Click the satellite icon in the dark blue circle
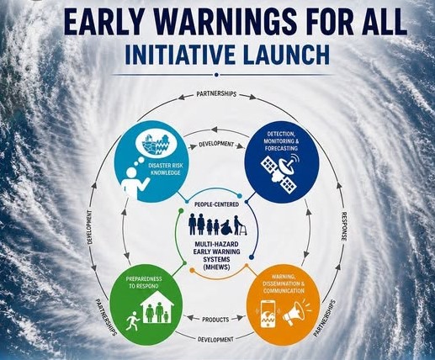(280, 171)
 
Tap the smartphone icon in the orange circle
(268, 314)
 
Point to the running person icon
(132, 320)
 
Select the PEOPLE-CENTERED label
(217, 204)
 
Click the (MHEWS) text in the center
(216, 267)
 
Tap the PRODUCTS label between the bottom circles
(215, 320)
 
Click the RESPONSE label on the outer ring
(344, 226)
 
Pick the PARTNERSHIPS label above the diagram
(216, 94)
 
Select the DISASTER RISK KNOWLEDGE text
(166, 169)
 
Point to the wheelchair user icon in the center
(227, 227)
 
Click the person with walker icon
(241, 225)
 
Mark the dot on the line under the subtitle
(216, 75)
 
